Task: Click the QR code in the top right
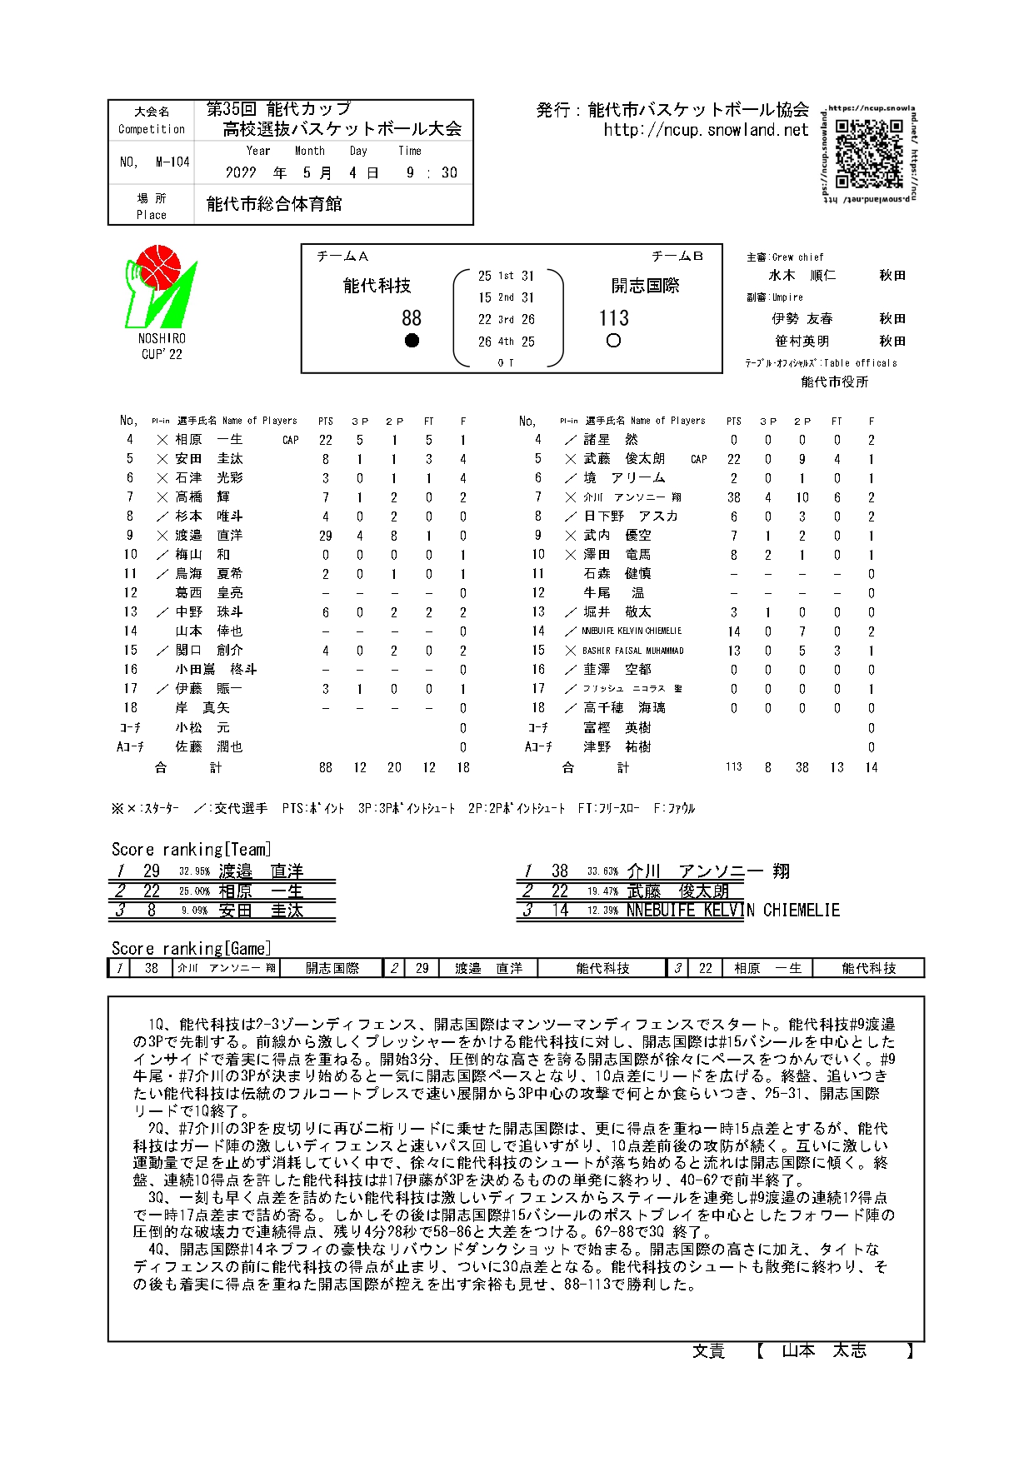pos(869,154)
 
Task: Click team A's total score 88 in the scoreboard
pos(412,318)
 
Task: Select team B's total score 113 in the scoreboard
pos(613,318)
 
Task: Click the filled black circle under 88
pos(412,341)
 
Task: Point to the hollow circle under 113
pos(614,341)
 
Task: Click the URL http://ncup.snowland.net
pos(706,130)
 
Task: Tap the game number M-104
pos(173,162)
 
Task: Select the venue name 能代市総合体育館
pos(274,204)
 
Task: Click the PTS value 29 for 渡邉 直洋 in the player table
pos(326,536)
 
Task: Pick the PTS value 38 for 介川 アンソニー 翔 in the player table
pos(733,497)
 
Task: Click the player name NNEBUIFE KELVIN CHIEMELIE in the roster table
pos(632,631)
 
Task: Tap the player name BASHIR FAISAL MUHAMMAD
pos(632,651)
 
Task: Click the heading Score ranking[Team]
pos(192,850)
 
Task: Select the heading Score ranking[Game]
pos(192,949)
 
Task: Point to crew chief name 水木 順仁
pos(802,276)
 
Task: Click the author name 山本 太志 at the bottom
pos(824,1351)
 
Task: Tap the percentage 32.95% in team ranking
pos(195,871)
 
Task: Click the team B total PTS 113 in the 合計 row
pos(733,767)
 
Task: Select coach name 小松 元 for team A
pos(202,728)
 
